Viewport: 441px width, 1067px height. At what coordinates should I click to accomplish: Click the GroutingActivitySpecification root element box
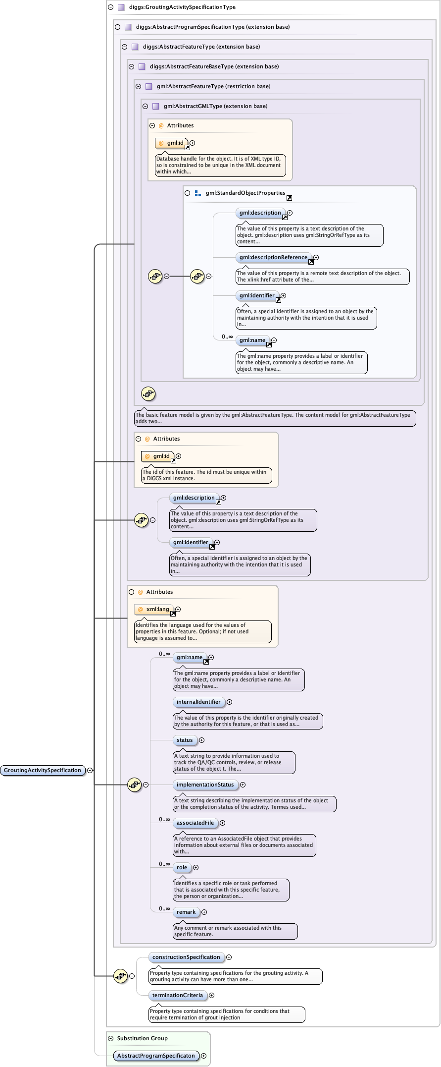coord(43,770)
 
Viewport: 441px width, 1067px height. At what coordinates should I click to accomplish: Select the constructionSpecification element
coord(186,957)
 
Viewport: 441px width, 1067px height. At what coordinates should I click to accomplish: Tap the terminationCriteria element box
coord(178,995)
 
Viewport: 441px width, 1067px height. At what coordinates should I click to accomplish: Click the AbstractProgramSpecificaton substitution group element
coord(156,1056)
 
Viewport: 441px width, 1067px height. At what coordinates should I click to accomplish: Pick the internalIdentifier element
coord(198,702)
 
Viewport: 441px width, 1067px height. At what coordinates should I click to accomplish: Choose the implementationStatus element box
coord(205,785)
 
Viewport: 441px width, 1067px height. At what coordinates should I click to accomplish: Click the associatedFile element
coord(195,823)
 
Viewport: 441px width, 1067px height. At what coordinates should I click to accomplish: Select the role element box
coord(182,867)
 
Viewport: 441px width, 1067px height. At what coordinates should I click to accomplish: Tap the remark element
coord(186,912)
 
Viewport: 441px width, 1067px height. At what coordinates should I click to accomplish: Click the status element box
coord(185,740)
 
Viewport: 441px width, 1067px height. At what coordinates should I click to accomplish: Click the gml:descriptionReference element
coord(273,257)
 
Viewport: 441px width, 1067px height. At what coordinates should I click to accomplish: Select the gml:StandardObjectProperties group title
coord(245,193)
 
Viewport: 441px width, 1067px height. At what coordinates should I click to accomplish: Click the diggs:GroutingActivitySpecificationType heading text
coord(182,7)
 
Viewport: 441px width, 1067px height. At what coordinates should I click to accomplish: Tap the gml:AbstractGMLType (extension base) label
coord(215,106)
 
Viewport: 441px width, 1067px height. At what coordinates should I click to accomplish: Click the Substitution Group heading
coord(143,1038)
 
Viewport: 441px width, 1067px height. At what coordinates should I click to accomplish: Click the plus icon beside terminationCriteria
coord(212,995)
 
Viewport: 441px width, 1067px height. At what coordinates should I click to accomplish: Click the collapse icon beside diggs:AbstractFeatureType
coord(125,47)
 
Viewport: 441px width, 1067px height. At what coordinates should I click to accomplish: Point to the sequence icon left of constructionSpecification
coord(120,976)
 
